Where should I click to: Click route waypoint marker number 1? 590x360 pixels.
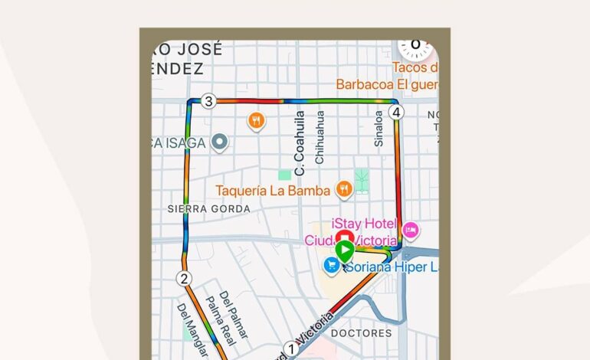click(x=290, y=349)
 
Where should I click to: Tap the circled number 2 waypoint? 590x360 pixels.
click(x=183, y=278)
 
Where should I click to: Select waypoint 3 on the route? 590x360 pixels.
click(x=208, y=101)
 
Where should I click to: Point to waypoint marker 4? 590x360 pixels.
click(x=395, y=113)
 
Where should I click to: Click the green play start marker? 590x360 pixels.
click(x=344, y=250)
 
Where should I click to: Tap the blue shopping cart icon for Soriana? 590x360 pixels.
click(x=331, y=265)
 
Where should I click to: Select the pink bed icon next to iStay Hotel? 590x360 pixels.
click(x=411, y=229)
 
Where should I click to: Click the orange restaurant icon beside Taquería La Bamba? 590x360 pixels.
click(x=345, y=188)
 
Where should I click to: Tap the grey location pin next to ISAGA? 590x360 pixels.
click(x=220, y=141)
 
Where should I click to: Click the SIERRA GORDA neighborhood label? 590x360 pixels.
click(x=208, y=209)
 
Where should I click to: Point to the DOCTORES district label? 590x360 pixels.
click(x=361, y=333)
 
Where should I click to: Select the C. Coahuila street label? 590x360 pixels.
click(x=300, y=139)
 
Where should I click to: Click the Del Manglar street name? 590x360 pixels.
click(x=192, y=329)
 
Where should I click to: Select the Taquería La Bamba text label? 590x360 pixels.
click(x=273, y=191)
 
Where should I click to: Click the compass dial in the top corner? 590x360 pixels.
click(x=415, y=45)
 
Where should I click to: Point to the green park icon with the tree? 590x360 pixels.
click(x=362, y=180)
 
